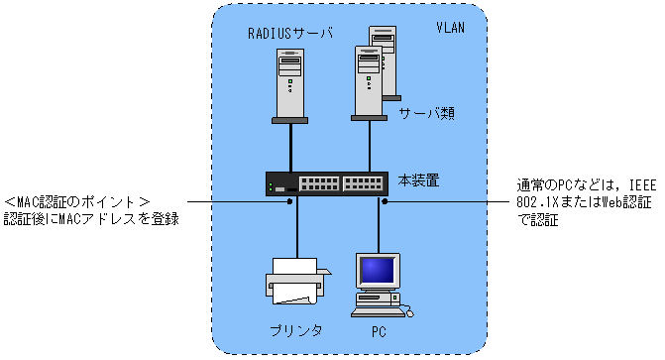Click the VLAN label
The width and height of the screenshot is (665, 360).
pyautogui.click(x=450, y=28)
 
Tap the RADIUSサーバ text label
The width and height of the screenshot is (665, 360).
pyautogui.click(x=290, y=34)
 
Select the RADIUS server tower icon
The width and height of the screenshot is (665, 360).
pyautogui.click(x=290, y=86)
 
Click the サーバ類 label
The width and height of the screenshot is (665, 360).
pyautogui.click(x=427, y=113)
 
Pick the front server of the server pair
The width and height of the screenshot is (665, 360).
pyautogui.click(x=368, y=83)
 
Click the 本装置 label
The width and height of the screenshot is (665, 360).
pyautogui.click(x=418, y=180)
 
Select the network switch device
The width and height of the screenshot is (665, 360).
pyautogui.click(x=327, y=183)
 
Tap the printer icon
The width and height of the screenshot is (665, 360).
pyautogui.click(x=297, y=281)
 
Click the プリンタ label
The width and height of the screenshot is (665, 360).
pyautogui.click(x=296, y=330)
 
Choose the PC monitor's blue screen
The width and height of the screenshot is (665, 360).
pyautogui.click(x=378, y=271)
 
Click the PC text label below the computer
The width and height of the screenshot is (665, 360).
pyautogui.click(x=379, y=331)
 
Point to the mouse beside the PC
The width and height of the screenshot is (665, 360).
pyautogui.click(x=409, y=313)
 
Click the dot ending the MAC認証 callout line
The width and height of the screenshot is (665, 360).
pyautogui.click(x=289, y=201)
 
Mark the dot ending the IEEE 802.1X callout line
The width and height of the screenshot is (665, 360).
pyautogui.click(x=385, y=201)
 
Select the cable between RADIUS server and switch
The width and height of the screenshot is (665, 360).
pyautogui.click(x=291, y=148)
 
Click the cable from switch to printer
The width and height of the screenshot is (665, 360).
pyautogui.click(x=297, y=227)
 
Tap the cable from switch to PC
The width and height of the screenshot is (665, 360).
pyautogui.click(x=379, y=224)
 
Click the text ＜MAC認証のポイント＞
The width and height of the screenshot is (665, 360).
pyautogui.click(x=76, y=201)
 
